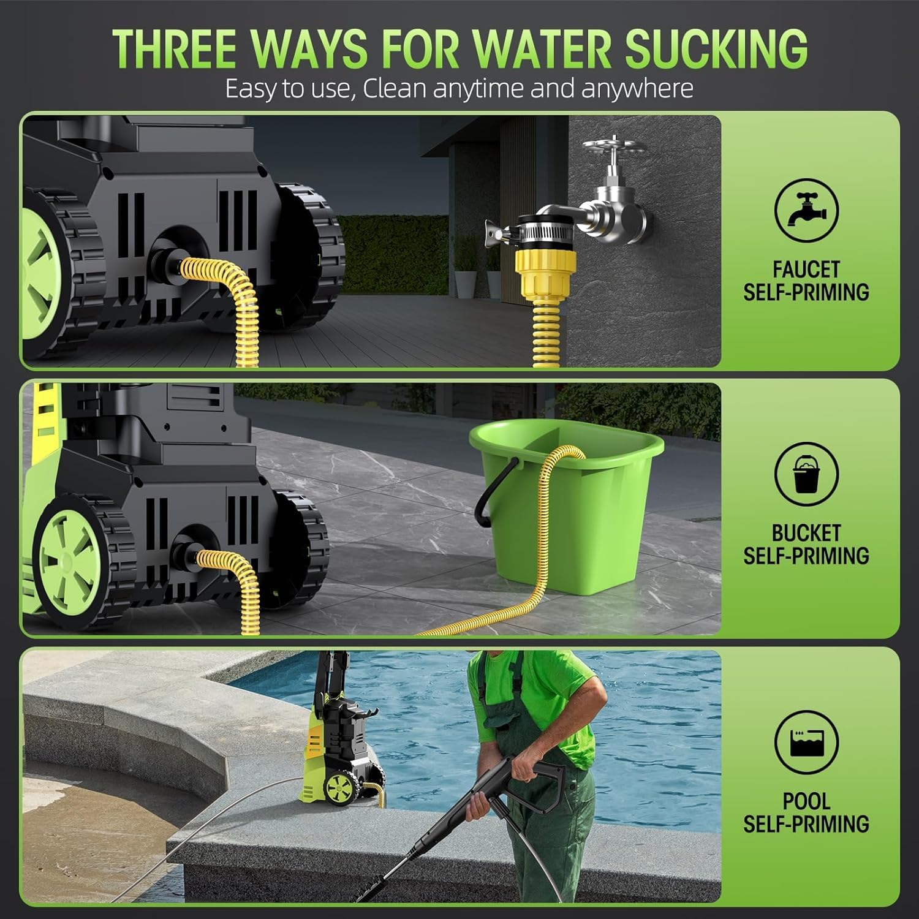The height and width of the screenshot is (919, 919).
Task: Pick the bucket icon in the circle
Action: pyautogui.click(x=806, y=475)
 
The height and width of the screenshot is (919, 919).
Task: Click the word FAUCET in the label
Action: pyautogui.click(x=806, y=270)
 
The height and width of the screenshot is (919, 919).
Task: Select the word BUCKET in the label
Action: pyautogui.click(x=806, y=533)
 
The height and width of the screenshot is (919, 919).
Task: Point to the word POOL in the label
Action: pyautogui.click(x=806, y=801)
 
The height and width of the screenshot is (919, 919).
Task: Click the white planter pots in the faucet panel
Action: pyautogui.click(x=466, y=282)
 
